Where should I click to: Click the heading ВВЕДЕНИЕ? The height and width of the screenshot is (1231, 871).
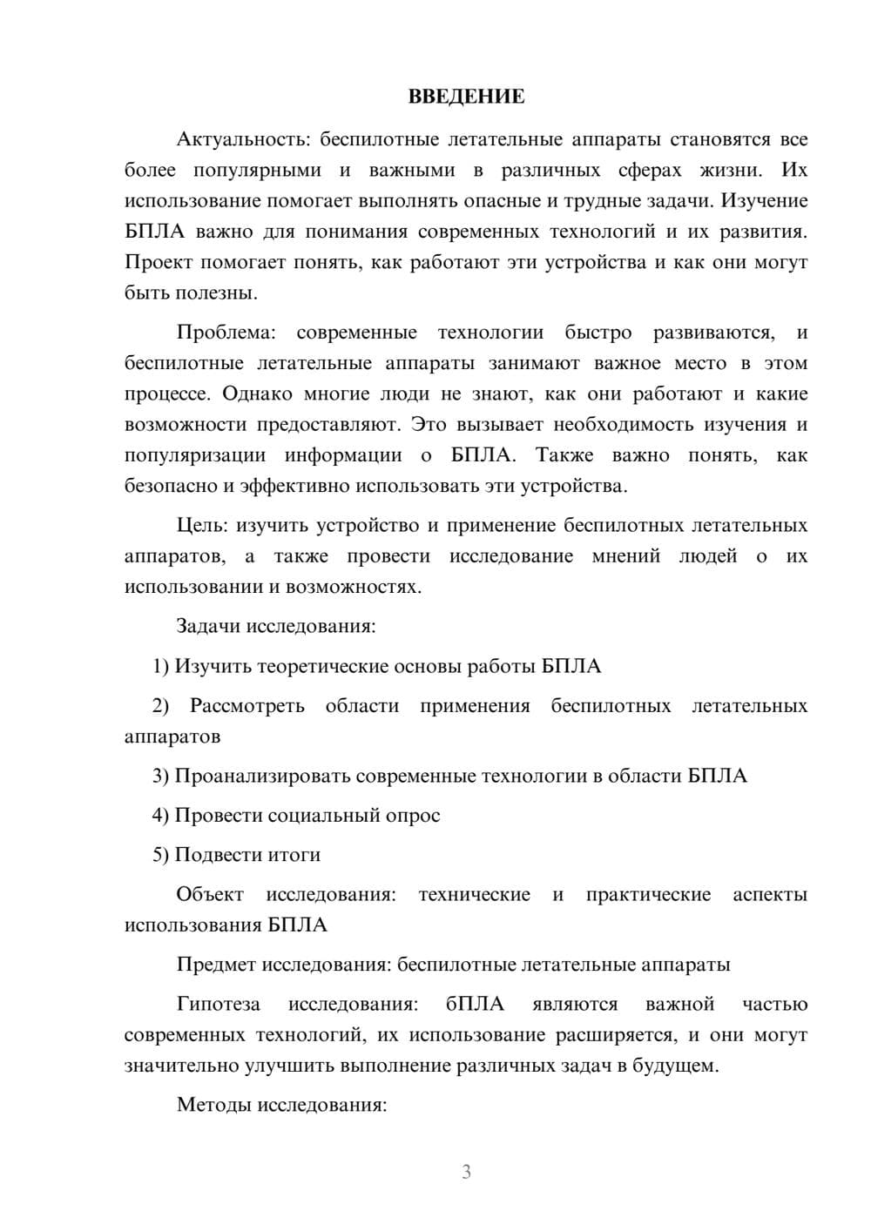(466, 98)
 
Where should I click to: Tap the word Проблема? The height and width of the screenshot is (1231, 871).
(226, 333)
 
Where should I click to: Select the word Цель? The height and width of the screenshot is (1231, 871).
(201, 525)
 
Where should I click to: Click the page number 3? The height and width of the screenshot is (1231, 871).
(466, 1172)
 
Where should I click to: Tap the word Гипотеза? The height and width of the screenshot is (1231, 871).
(218, 1005)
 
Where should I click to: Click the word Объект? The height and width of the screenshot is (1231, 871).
(210, 895)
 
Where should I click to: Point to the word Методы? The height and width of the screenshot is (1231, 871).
(212, 1106)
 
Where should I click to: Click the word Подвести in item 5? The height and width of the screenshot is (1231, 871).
(214, 855)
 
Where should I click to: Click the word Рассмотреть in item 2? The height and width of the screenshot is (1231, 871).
(247, 706)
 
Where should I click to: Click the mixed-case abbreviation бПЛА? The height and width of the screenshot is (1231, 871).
(475, 1005)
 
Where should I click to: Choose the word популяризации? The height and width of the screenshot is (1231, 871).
(194, 455)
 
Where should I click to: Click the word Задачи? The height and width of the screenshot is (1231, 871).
(208, 626)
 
